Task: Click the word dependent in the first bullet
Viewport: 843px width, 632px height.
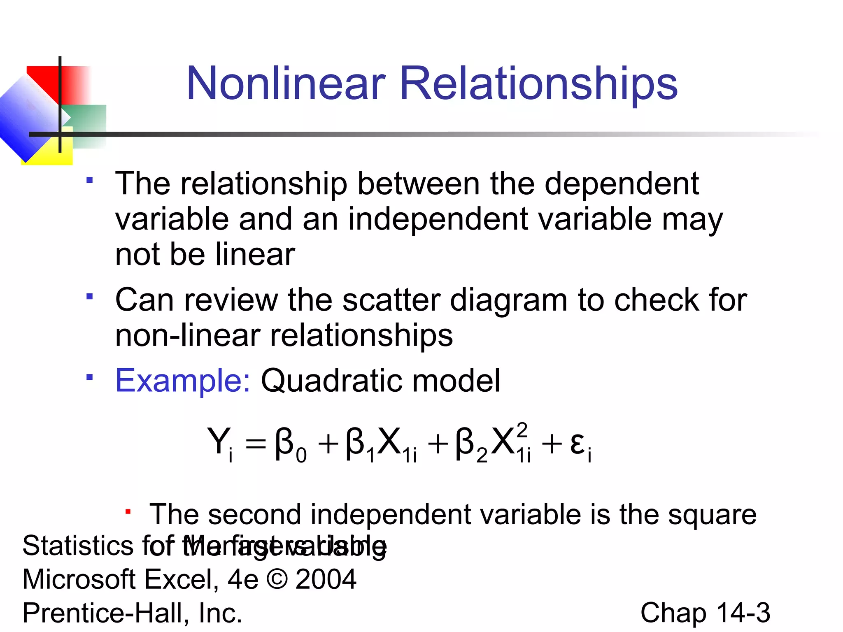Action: pos(622,184)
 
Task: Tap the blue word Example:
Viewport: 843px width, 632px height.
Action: pos(182,381)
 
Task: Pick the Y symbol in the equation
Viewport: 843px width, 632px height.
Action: pos(218,441)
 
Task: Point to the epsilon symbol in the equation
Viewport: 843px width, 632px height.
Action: pos(577,444)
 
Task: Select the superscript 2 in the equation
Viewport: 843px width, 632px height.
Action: pos(522,430)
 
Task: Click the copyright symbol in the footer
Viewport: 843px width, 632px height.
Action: pos(277,579)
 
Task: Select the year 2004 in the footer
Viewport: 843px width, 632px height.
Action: pos(326,579)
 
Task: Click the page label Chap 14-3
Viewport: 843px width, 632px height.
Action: pos(705,613)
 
